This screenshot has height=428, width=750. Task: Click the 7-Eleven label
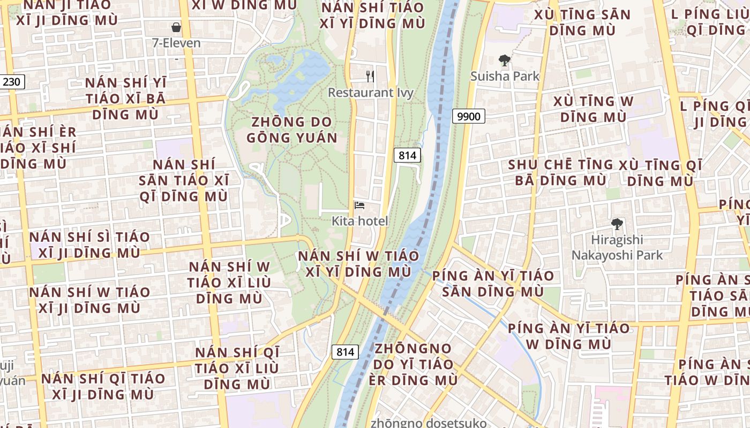[x=176, y=43]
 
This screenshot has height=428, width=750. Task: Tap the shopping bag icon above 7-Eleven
[x=176, y=27]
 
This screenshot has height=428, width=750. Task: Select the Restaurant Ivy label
[x=371, y=93]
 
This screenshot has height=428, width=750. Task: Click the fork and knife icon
[x=370, y=77]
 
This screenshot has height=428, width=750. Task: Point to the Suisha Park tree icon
[x=504, y=60]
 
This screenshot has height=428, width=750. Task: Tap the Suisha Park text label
[x=505, y=77]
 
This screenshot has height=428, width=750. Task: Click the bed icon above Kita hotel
[x=359, y=205]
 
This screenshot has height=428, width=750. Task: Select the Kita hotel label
[x=360, y=221]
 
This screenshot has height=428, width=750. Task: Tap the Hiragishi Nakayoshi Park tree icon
[x=617, y=224]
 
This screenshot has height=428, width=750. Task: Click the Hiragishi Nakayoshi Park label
[x=617, y=248]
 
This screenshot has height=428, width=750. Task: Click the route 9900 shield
[x=469, y=116]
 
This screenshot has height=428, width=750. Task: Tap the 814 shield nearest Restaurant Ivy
[x=408, y=156]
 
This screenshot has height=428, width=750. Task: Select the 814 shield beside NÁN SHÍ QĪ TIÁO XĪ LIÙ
[x=346, y=352]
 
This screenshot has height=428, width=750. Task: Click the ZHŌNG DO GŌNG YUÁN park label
[x=292, y=130]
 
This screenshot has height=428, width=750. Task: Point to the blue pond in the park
[x=300, y=78]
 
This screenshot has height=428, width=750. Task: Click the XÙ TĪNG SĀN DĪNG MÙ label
[x=582, y=22]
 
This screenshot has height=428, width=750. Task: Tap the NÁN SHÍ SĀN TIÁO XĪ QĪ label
[x=184, y=180]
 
